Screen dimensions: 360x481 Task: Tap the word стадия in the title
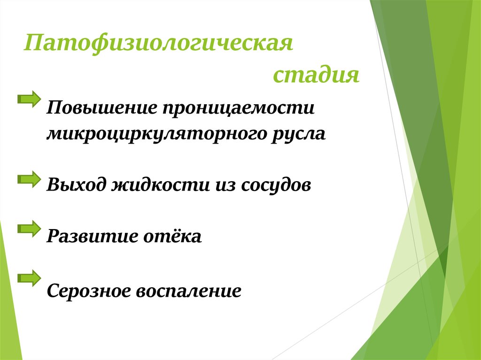tap(316, 75)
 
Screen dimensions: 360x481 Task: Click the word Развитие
tap(89, 236)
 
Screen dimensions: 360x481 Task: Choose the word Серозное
tap(88, 291)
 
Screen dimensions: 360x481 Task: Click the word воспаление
tap(189, 291)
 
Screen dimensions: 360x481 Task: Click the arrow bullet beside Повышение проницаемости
tap(29, 98)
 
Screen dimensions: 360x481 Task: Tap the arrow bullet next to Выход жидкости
tap(29, 178)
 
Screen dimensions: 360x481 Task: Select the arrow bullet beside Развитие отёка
tap(29, 229)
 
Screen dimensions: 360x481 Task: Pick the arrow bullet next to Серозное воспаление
tap(29, 278)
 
